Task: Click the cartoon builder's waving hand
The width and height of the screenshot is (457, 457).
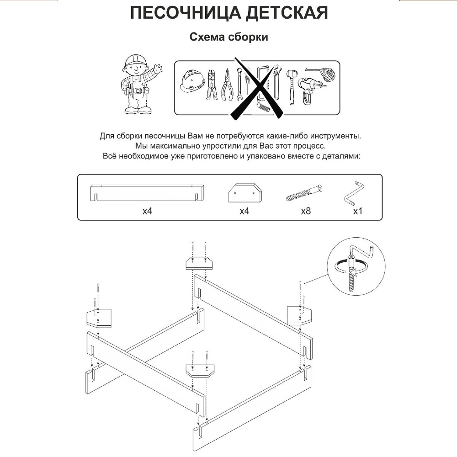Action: point(158,69)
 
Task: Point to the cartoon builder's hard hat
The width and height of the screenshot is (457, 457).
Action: point(134,60)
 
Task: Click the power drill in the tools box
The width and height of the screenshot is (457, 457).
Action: point(309,88)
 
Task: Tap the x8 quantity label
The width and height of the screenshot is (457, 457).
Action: point(306,211)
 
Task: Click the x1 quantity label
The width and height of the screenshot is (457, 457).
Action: point(358,211)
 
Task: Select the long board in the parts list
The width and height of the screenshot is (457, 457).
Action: point(147,192)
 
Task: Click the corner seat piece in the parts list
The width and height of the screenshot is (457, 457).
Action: point(245,193)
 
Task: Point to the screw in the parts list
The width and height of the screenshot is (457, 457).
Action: point(304,193)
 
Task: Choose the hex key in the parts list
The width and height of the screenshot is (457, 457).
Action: point(355,193)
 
